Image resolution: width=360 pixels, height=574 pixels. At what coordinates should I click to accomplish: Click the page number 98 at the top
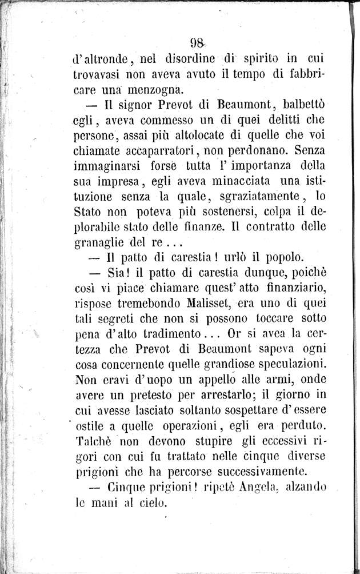(x=198, y=43)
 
